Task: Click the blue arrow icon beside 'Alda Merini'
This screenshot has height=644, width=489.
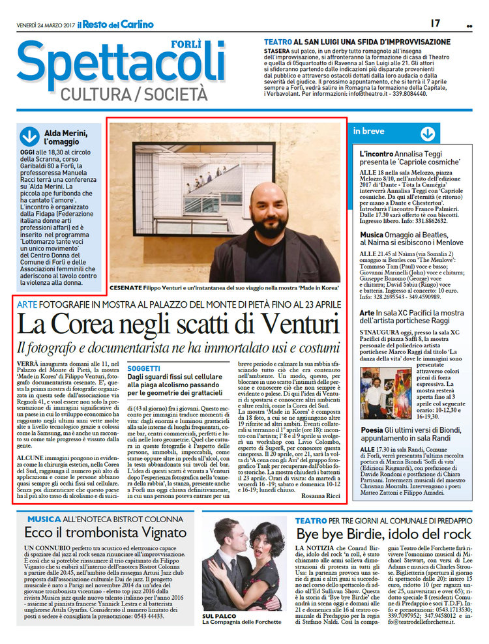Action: pyautogui.click(x=30, y=136)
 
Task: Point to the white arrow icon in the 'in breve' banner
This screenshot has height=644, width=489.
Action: pyautogui.click(x=427, y=133)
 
